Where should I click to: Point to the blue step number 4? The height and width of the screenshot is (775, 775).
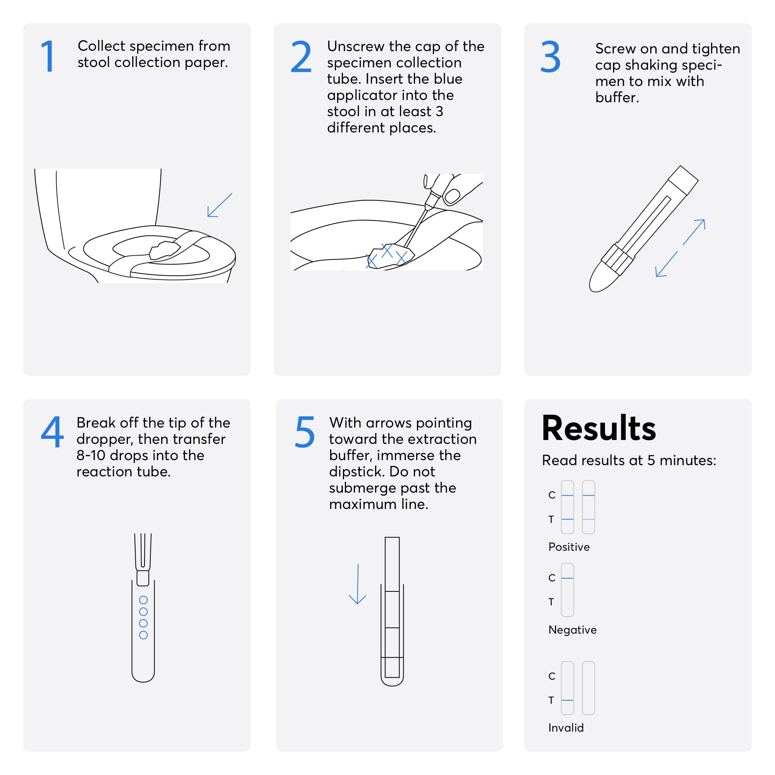[x=52, y=431]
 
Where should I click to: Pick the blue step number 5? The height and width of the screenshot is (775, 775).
[x=305, y=432]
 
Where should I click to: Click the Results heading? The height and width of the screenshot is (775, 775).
[x=598, y=428]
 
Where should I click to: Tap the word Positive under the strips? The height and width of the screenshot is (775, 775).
[x=569, y=547]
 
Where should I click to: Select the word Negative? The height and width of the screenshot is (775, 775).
[x=572, y=630]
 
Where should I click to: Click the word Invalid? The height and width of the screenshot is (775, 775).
[x=566, y=728]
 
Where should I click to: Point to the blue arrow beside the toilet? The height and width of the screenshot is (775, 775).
[x=220, y=205]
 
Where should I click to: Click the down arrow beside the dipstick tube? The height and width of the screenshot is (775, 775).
[x=357, y=584]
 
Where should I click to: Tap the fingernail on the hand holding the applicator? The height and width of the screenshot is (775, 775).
[x=452, y=196]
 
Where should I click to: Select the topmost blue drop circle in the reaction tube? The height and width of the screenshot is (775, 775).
[x=143, y=600]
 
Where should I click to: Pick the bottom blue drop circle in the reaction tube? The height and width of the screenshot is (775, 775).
[x=143, y=635]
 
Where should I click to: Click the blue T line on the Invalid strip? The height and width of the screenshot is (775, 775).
[x=567, y=700]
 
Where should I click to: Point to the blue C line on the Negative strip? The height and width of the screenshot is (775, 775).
[x=567, y=578]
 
